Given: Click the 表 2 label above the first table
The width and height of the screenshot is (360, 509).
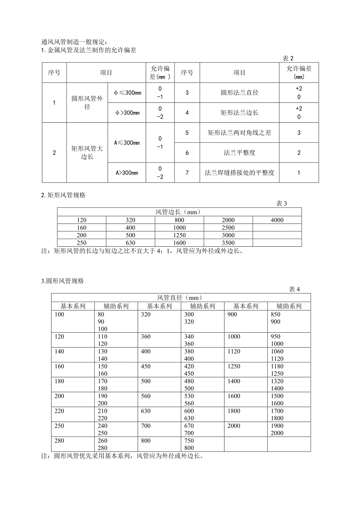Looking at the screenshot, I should coord(288,58).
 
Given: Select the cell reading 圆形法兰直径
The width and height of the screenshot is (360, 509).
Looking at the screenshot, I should coord(239,93).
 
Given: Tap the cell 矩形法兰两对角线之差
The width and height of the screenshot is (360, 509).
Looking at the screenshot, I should coord(239,133).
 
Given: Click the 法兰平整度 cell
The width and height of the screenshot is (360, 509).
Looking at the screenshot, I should coord(239,152).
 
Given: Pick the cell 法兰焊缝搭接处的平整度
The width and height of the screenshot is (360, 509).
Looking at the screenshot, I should coord(239,172).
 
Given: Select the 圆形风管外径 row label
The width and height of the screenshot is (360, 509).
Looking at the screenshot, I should coord(87,103).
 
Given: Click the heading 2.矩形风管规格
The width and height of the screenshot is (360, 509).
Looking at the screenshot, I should coord(63,195).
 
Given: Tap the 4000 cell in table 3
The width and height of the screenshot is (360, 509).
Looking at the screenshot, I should coord(277,220).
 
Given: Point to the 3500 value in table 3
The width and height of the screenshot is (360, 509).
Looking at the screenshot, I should coord(228,243).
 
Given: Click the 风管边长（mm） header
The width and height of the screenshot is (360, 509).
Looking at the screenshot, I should coord(179,212).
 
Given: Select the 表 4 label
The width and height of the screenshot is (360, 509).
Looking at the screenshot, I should coord(294,289).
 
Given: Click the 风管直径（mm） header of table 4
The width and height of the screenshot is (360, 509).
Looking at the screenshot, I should coord(180,298).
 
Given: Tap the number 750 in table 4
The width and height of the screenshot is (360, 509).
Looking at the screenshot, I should coord(189,441).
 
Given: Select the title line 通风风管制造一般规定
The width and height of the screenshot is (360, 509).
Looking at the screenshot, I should coord(74,42).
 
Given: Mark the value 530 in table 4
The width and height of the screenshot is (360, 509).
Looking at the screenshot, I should coord(189,396).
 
